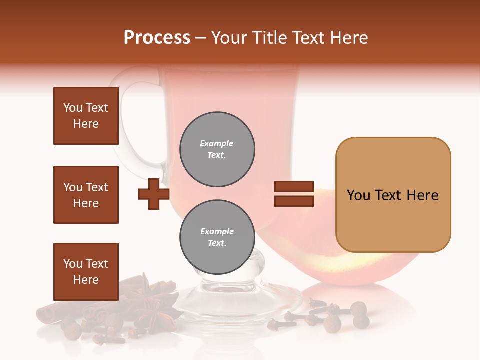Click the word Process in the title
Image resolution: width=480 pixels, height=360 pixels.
(x=157, y=38)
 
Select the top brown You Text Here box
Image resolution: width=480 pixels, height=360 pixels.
(x=86, y=116)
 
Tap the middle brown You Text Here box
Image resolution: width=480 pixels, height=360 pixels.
(x=86, y=195)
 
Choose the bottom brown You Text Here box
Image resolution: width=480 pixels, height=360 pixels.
(x=86, y=271)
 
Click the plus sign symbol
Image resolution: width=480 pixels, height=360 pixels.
(x=153, y=194)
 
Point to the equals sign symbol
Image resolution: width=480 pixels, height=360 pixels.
(x=294, y=194)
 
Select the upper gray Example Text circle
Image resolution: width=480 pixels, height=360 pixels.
(x=217, y=149)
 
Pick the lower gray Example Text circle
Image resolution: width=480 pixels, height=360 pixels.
(x=217, y=237)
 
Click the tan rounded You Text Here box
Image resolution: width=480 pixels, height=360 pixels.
(x=393, y=195)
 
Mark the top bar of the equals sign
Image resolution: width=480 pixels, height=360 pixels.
(x=294, y=187)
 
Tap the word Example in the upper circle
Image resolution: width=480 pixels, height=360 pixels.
(x=217, y=143)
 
